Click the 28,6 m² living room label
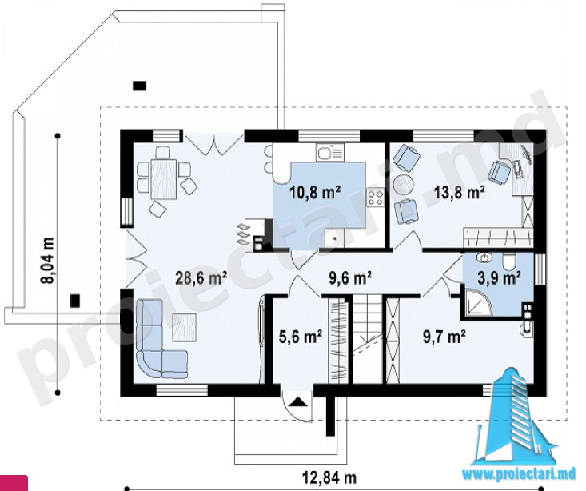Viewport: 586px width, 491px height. (201, 278)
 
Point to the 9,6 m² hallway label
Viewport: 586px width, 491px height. (347, 277)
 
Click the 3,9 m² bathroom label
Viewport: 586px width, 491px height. (499, 277)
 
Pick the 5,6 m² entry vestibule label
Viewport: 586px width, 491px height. (301, 337)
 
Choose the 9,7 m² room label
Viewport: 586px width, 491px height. (444, 337)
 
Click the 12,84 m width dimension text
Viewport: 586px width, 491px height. (329, 477)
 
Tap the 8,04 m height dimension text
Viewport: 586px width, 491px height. (49, 261)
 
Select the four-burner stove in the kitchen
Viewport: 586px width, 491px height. (376, 198)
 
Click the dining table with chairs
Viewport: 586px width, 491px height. (163, 180)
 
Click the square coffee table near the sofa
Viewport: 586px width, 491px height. (184, 327)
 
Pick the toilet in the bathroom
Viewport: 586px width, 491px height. (508, 261)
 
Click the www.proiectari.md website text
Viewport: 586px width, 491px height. (520, 474)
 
